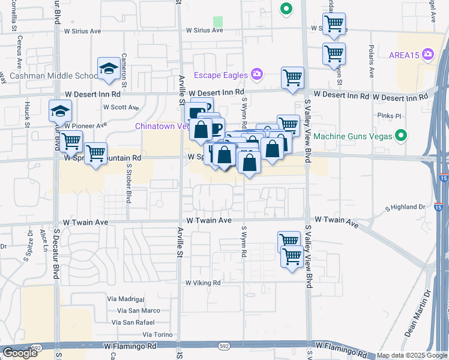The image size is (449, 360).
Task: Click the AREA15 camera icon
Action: click(x=428, y=55)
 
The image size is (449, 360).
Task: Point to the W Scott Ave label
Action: click(x=121, y=107)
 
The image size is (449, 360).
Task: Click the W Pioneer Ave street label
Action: click(x=86, y=125)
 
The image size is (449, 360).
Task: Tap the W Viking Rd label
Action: click(x=203, y=283)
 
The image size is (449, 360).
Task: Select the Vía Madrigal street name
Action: click(x=127, y=299)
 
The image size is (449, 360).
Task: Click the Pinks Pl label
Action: click(x=385, y=115)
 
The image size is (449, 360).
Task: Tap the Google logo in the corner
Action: click(x=20, y=353)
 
